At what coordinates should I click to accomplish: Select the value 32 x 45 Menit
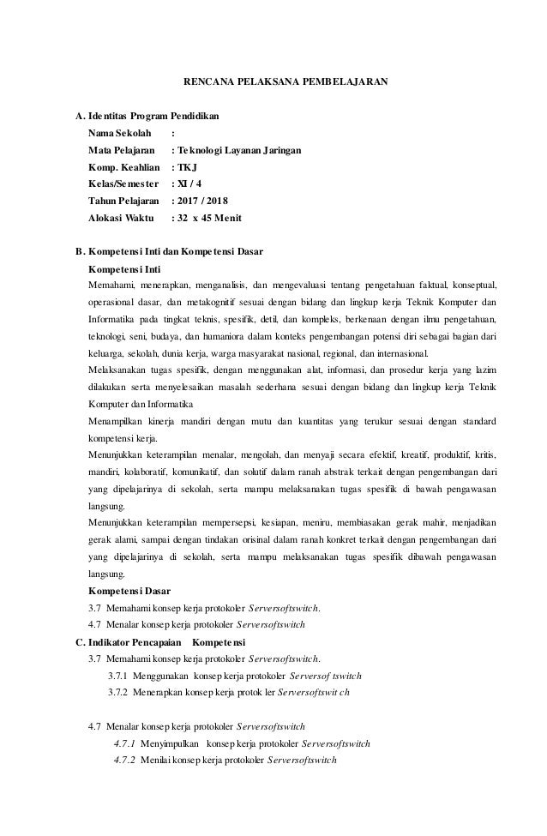[x=207, y=218]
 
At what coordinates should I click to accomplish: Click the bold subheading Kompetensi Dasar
[x=129, y=591]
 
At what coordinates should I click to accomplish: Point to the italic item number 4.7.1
[x=125, y=743]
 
